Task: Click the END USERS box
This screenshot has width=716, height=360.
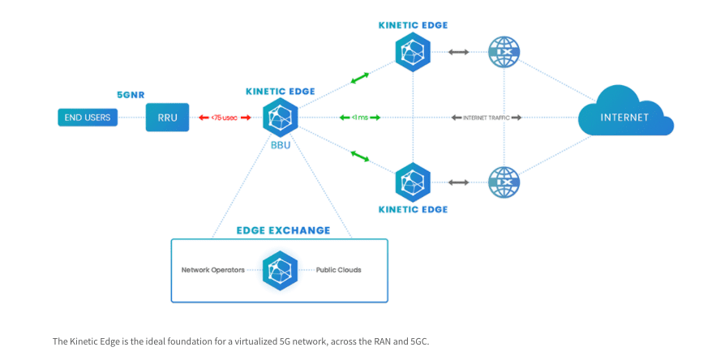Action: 88,118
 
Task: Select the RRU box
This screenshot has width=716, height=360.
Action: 166,118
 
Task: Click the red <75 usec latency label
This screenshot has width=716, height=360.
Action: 225,118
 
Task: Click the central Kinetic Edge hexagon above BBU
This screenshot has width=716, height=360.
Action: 281,118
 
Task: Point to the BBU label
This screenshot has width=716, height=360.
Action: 281,146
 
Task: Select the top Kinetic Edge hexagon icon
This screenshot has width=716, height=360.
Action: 413,52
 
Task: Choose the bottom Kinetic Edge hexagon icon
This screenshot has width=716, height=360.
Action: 413,182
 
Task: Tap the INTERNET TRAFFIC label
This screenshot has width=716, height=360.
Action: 487,118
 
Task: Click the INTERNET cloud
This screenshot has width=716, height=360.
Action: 624,118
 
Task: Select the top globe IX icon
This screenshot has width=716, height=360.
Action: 504,52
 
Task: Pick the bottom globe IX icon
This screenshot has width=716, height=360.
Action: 504,182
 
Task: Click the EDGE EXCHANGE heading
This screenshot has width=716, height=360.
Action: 283,230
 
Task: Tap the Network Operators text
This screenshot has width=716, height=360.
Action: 213,270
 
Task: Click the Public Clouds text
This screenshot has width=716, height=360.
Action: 338,270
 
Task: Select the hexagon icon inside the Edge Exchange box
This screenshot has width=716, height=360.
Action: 280,270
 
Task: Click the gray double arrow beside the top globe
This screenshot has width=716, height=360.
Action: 458,52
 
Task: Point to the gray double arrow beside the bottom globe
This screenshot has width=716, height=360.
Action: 458,182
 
